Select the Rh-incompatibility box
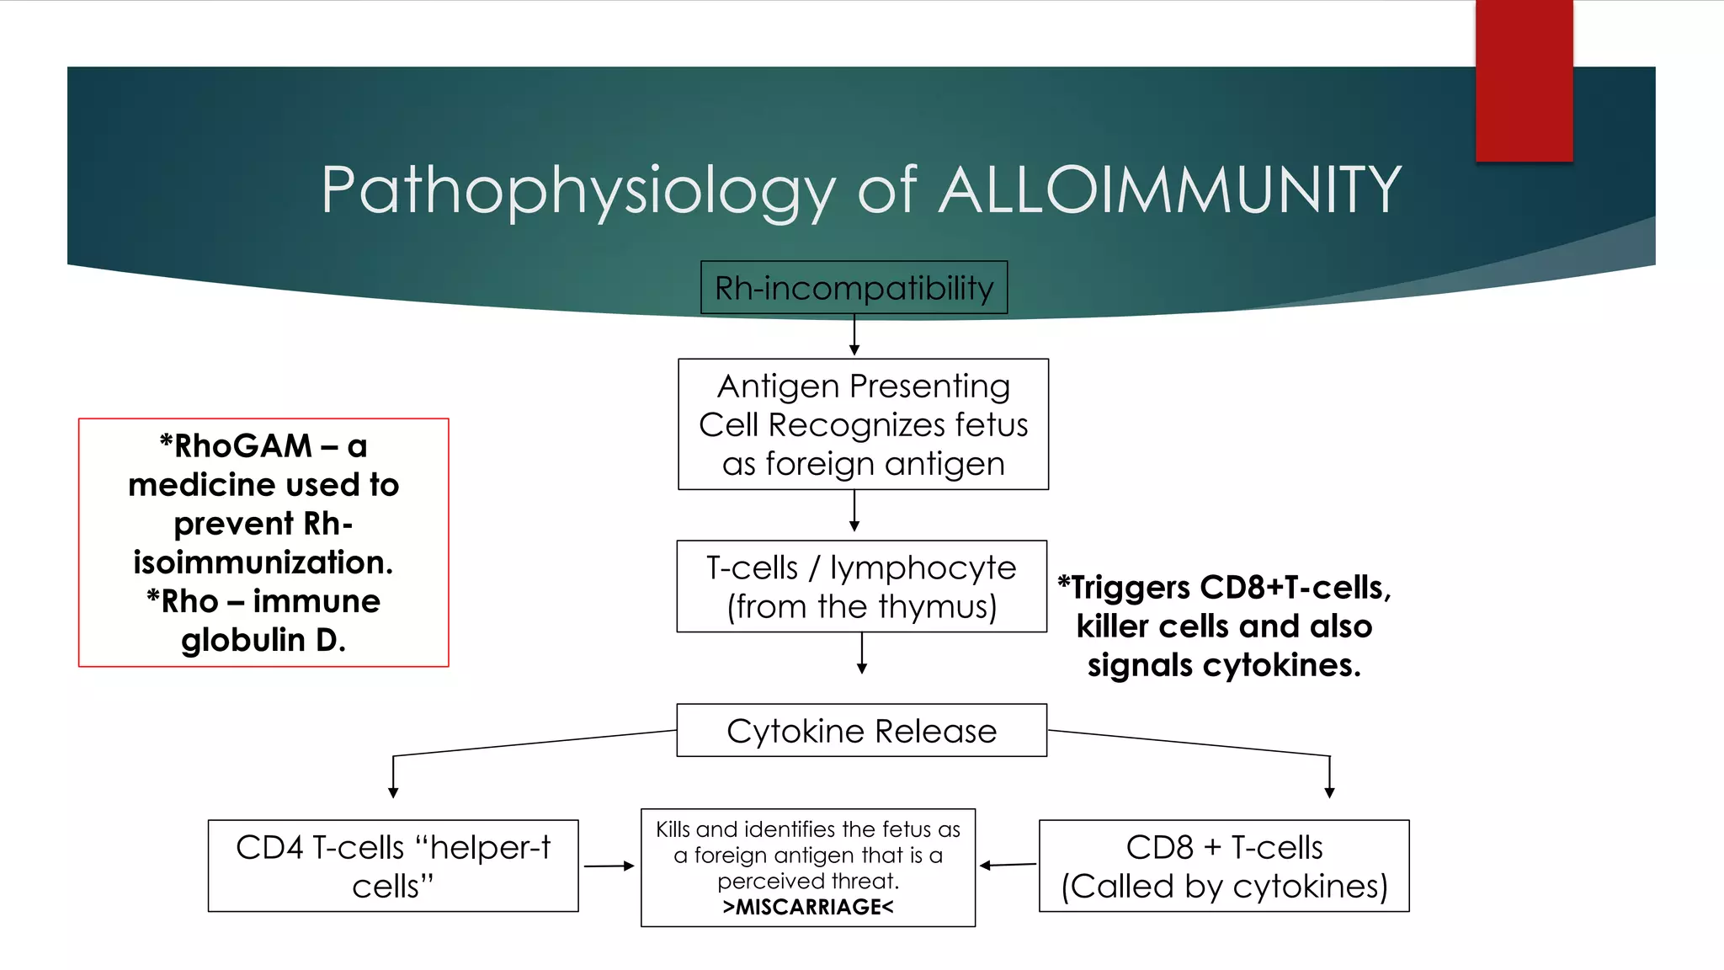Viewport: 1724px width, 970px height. point(854,288)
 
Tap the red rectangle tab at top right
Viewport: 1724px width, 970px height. point(1524,81)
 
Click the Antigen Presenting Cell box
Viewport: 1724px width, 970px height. point(863,424)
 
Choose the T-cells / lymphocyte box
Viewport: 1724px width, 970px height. point(861,587)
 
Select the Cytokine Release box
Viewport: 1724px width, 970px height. point(861,731)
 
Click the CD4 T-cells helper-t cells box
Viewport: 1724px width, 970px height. point(392,866)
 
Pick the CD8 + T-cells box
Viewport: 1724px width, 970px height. point(1224,866)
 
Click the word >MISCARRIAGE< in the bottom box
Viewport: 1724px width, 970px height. point(807,907)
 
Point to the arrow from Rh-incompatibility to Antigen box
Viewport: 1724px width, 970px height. point(854,335)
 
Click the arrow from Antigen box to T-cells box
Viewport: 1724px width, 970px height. point(854,510)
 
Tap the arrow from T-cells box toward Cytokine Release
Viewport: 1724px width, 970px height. point(861,653)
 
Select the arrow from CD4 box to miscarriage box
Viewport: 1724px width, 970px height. point(609,866)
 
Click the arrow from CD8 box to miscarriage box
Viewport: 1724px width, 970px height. point(1008,865)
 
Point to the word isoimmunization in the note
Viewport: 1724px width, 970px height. point(263,562)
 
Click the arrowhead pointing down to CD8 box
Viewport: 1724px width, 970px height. point(1329,792)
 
